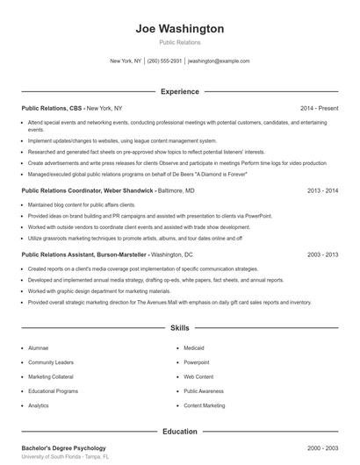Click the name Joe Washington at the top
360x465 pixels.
pyautogui.click(x=179, y=29)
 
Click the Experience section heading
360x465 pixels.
pyautogui.click(x=179, y=90)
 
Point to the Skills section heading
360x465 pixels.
pyautogui.click(x=179, y=328)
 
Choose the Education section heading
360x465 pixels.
pyautogui.click(x=179, y=431)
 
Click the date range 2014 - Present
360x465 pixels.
pyautogui.click(x=320, y=108)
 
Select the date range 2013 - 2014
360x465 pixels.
pyautogui.click(x=322, y=190)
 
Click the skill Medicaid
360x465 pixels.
pyautogui.click(x=194, y=347)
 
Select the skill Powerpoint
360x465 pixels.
pyautogui.click(x=197, y=361)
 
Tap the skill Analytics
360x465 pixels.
pyautogui.click(x=39, y=405)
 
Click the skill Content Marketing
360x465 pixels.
pyautogui.click(x=205, y=405)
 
